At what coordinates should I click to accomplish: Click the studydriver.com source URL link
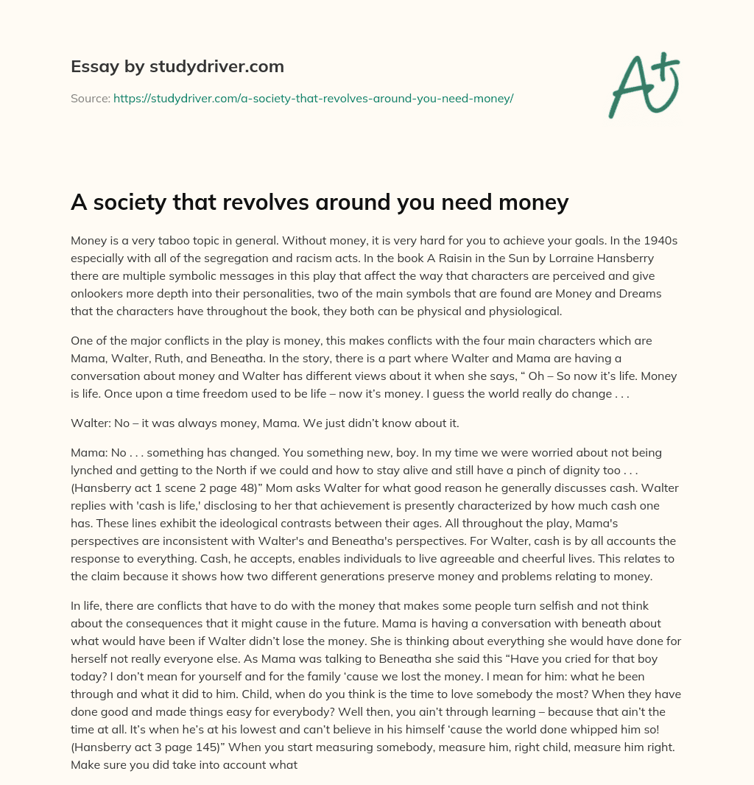tap(313, 98)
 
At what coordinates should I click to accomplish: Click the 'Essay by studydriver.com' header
tap(177, 66)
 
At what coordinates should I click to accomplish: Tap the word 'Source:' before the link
tap(91, 98)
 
